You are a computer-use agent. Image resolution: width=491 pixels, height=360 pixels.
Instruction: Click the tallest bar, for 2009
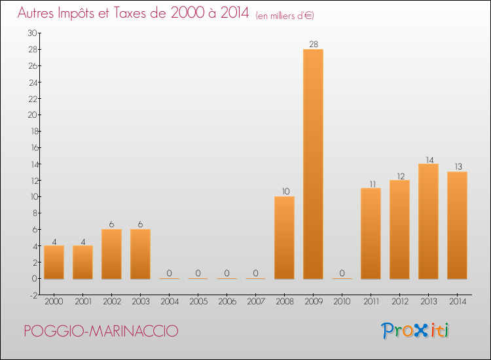pyautogui.click(x=313, y=164)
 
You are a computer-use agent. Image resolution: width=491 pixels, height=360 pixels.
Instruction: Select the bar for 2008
pyautogui.click(x=284, y=238)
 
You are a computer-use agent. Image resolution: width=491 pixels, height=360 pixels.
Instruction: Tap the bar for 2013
pyautogui.click(x=428, y=221)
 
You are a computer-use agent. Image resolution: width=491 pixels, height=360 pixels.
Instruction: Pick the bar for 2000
pyautogui.click(x=54, y=262)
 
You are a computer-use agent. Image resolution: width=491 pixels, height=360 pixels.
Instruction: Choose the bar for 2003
pyautogui.click(x=140, y=254)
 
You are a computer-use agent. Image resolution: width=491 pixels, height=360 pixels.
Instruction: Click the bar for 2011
pyautogui.click(x=371, y=233)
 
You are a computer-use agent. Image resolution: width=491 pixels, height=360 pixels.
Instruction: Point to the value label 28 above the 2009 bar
pyautogui.click(x=313, y=44)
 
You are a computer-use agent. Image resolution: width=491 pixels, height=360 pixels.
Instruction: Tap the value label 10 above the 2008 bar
pyautogui.click(x=284, y=191)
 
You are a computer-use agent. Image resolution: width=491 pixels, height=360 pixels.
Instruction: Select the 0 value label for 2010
pyautogui.click(x=342, y=273)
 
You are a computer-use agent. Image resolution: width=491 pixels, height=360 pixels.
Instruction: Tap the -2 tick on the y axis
pyautogui.click(x=33, y=295)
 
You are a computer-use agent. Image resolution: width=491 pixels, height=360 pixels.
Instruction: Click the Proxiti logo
pyautogui.click(x=416, y=331)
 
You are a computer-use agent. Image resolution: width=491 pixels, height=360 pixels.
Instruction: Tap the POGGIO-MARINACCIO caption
pyautogui.click(x=100, y=331)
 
